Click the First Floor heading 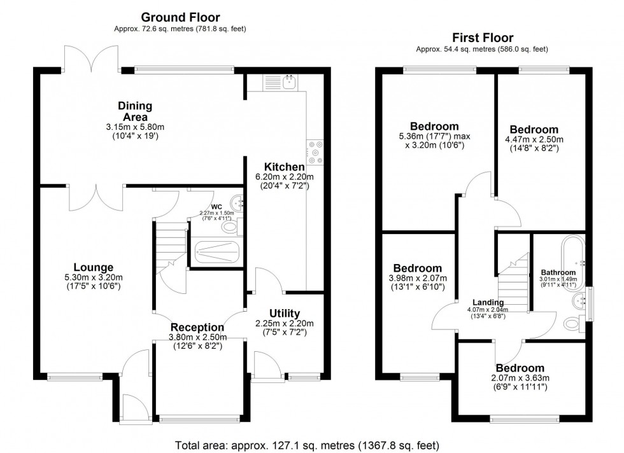point(481,38)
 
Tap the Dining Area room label point(134,111)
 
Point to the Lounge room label point(93,267)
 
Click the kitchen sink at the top point(290,81)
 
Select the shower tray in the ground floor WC point(218,253)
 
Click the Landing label point(488,302)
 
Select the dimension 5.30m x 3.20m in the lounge point(93,277)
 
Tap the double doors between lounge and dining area point(96,197)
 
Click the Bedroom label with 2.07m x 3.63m point(520,368)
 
